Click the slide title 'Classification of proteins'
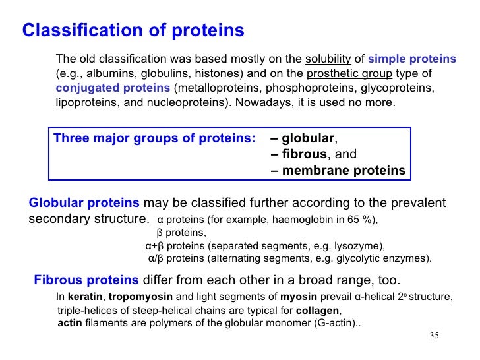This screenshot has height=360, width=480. (x=133, y=31)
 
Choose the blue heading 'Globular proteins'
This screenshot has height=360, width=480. (x=84, y=203)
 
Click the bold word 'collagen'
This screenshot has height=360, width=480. (x=318, y=311)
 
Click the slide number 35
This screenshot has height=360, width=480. (x=433, y=336)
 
